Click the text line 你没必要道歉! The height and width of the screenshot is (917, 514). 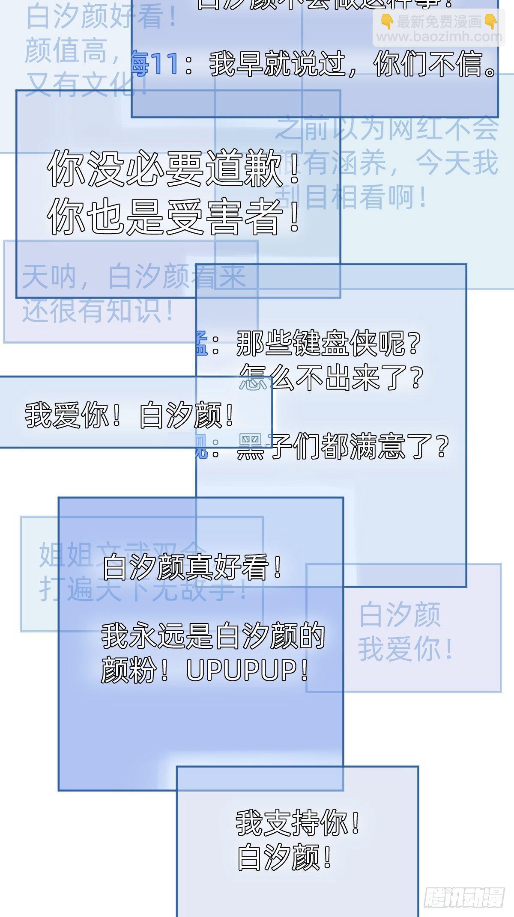(173, 168)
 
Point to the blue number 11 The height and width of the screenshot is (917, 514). (164, 65)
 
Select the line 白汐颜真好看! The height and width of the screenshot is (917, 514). (193, 567)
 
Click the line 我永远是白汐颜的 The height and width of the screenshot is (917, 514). (213, 636)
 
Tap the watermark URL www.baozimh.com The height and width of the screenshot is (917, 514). (438, 37)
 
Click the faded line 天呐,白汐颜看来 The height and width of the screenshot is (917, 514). (134, 276)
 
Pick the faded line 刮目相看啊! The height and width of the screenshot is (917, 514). (351, 198)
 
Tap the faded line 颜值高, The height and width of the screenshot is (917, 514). (73, 51)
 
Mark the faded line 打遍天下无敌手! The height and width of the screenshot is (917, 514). (143, 591)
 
